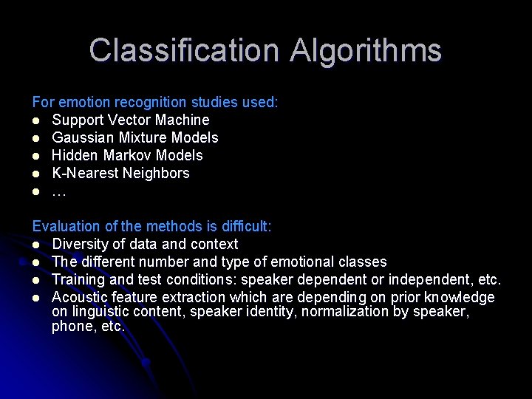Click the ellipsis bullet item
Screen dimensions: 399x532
point(59,192)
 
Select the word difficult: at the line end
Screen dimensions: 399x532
point(246,226)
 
